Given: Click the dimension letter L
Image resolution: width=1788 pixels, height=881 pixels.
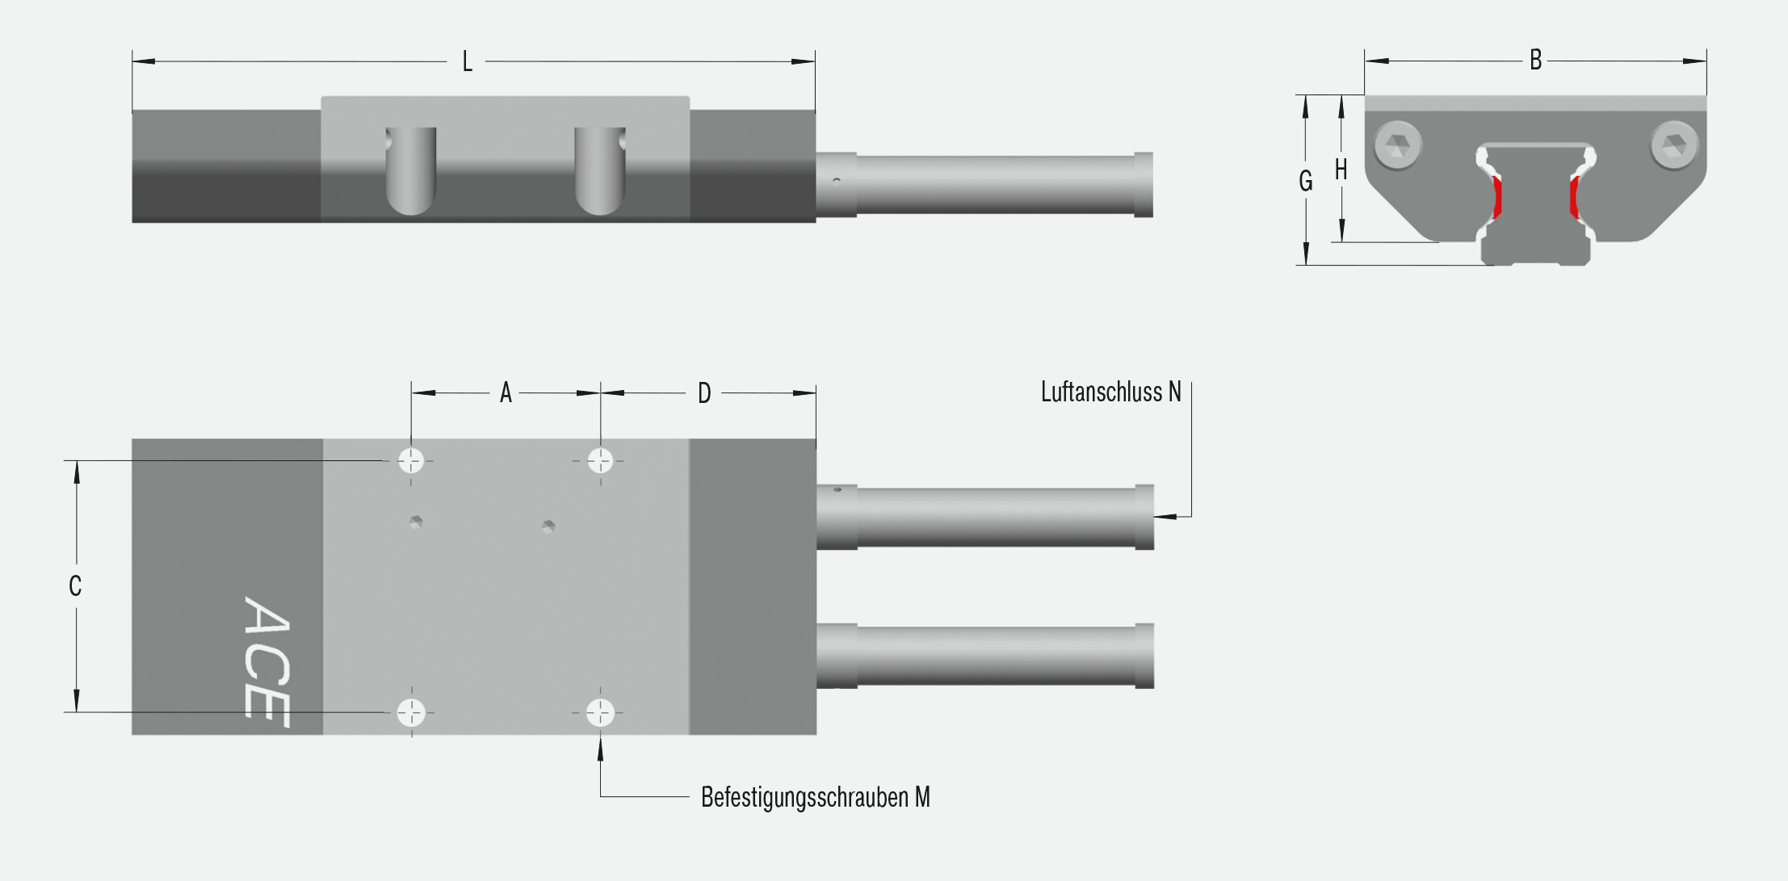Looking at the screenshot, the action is (467, 61).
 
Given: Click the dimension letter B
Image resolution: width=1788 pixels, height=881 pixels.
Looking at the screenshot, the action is (1535, 60).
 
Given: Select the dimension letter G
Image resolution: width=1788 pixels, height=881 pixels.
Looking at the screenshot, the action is (1305, 181).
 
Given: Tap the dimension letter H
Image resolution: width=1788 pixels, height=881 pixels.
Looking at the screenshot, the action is (1341, 170).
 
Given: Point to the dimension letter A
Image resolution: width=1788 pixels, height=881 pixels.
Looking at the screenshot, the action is (506, 392).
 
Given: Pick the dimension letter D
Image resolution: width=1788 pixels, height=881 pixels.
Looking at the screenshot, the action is (704, 393).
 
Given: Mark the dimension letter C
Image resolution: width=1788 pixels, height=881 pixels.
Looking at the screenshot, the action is (75, 585).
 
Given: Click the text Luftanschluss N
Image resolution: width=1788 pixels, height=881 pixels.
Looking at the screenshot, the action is (1110, 392).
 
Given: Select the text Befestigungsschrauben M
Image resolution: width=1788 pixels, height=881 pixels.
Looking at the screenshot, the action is (816, 797).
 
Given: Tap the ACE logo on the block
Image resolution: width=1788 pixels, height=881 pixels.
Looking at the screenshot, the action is (267, 661).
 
